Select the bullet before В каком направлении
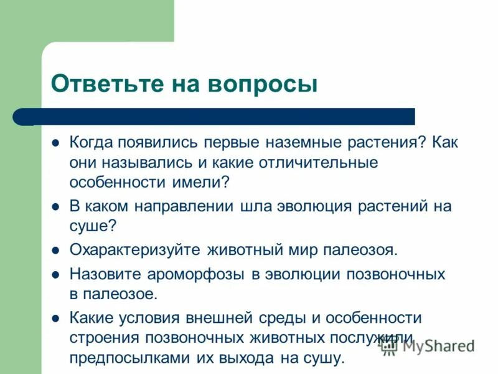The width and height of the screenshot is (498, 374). click(55, 206)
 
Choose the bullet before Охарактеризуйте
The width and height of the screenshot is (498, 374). click(55, 251)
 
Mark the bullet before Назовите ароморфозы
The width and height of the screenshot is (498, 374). click(55, 274)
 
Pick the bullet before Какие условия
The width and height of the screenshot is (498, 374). click(55, 318)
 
